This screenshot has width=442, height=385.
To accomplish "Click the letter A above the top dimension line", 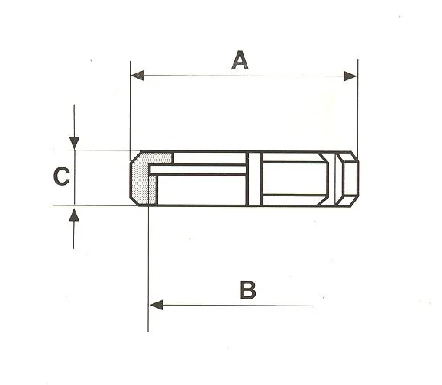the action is (240, 60).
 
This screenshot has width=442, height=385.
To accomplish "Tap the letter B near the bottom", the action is (248, 290).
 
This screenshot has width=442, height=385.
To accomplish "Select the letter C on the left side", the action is (61, 176).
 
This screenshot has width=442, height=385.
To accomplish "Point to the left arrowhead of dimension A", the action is (137, 76).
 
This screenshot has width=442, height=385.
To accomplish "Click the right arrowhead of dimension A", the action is (350, 76).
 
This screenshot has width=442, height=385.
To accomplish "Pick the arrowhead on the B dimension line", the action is (156, 305).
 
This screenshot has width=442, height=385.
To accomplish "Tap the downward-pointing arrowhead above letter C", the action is (74, 143).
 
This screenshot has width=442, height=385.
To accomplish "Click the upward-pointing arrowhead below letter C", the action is (74, 215).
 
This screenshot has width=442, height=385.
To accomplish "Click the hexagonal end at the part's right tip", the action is (347, 179).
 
